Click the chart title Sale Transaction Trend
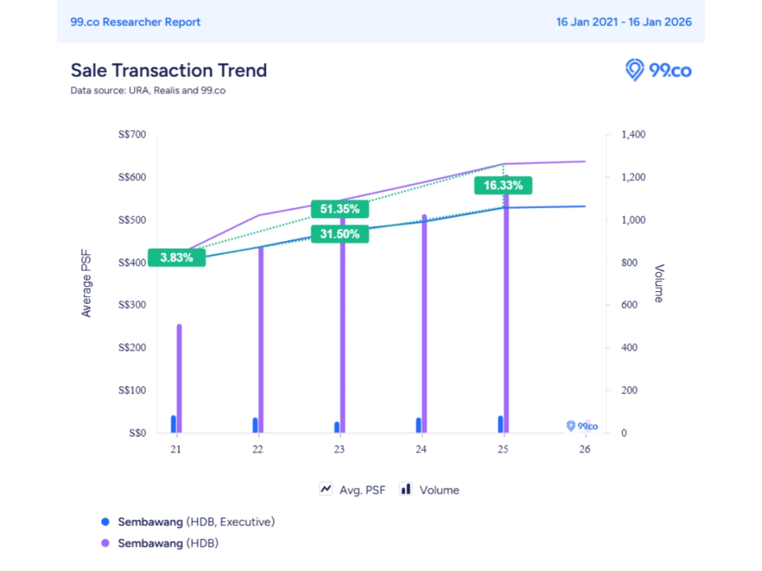[x=169, y=70]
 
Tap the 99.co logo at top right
[x=658, y=70]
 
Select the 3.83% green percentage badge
[x=176, y=258]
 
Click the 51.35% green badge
[x=339, y=209]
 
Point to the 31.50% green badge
[x=339, y=234]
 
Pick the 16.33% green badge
[x=503, y=186]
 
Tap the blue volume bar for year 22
[x=255, y=425]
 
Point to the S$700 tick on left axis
[x=132, y=135]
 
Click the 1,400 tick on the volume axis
[x=633, y=135]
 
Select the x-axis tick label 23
[x=339, y=450]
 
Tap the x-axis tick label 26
[x=584, y=450]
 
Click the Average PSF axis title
[x=87, y=283]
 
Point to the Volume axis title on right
[x=658, y=283]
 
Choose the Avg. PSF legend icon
[x=327, y=489]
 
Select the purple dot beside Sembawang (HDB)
[x=106, y=544]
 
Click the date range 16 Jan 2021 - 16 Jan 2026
[x=624, y=22]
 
